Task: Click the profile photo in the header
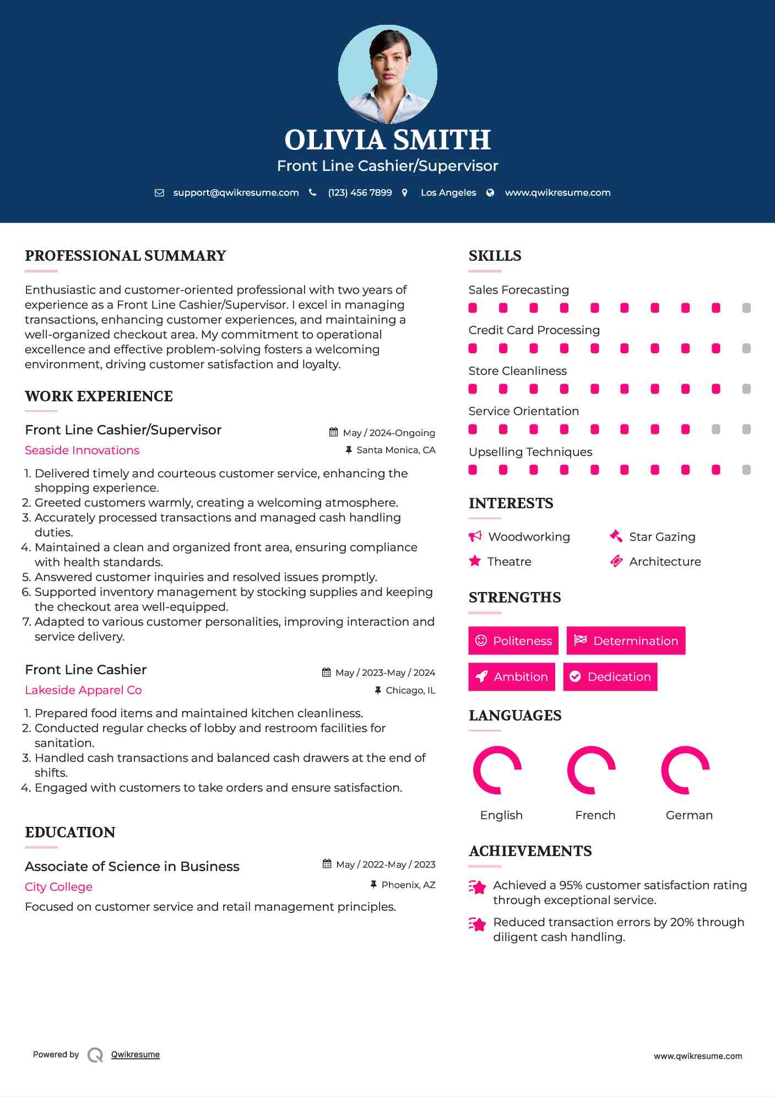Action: (387, 74)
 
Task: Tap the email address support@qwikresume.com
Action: (236, 192)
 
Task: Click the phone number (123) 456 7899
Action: (360, 192)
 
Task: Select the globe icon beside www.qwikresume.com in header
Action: (490, 192)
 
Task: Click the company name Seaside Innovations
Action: (82, 450)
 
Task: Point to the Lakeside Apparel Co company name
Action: (83, 690)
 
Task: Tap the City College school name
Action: (58, 887)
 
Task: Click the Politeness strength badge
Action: (513, 641)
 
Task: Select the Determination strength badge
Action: (626, 641)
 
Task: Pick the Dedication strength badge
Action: (610, 676)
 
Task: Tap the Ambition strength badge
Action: (511, 676)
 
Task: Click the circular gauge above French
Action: (591, 770)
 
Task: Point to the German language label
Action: (689, 815)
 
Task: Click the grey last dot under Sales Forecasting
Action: (746, 308)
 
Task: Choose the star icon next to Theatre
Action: (475, 561)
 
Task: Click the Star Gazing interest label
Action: (662, 537)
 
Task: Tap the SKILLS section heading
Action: (495, 256)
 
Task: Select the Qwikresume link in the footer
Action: (136, 1055)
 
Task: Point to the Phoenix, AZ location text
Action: (408, 885)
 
